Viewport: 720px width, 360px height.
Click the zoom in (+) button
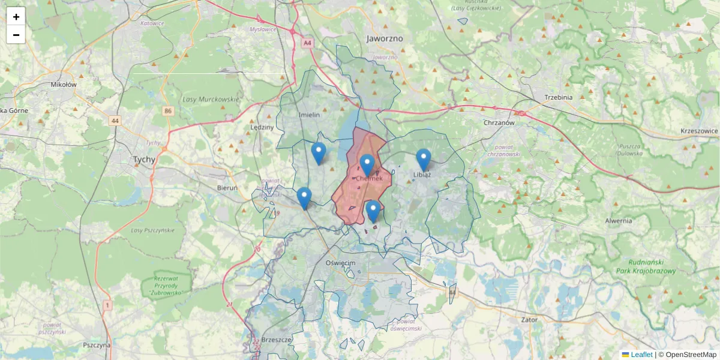pyautogui.click(x=16, y=17)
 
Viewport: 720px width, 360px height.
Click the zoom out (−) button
pyautogui.click(x=16, y=35)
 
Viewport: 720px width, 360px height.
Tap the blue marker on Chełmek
pyautogui.click(x=367, y=165)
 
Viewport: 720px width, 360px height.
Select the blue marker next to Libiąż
pyautogui.click(x=424, y=160)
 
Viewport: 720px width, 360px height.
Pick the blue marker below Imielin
pyautogui.click(x=319, y=153)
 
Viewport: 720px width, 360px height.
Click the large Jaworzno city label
pyautogui.click(x=385, y=38)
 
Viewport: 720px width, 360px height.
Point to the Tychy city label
pyautogui.click(x=144, y=160)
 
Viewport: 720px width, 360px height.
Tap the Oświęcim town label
pyautogui.click(x=340, y=263)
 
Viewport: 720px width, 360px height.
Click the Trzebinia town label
pyautogui.click(x=558, y=97)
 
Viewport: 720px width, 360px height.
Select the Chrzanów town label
pyautogui.click(x=499, y=122)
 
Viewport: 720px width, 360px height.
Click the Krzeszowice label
pyautogui.click(x=699, y=131)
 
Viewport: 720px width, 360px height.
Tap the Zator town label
pyautogui.click(x=529, y=320)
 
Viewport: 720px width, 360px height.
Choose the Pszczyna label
pyautogui.click(x=97, y=345)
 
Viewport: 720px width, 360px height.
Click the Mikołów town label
pyautogui.click(x=64, y=85)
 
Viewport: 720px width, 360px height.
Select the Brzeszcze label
pyautogui.click(x=277, y=340)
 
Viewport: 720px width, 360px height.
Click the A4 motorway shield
pyautogui.click(x=308, y=43)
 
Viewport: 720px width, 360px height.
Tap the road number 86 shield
pyautogui.click(x=167, y=111)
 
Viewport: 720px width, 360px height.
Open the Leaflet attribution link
pyautogui.click(x=641, y=355)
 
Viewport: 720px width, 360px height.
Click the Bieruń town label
pyautogui.click(x=227, y=188)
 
